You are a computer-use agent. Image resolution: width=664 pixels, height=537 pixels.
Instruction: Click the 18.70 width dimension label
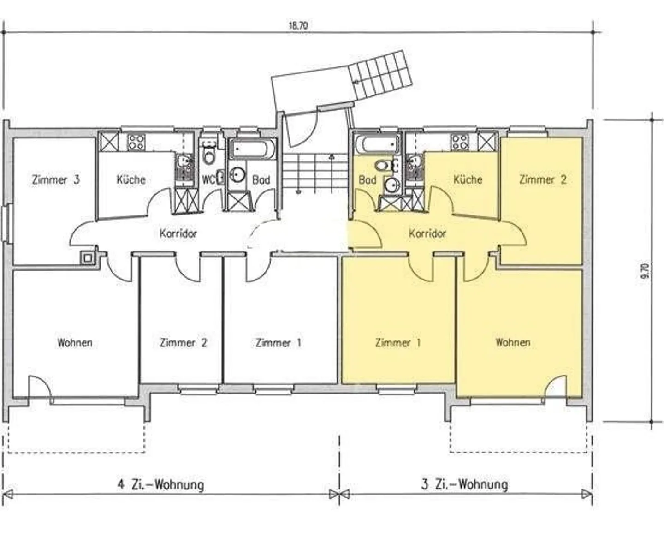point(298,25)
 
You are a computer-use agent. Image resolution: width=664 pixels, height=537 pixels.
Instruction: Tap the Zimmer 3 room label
point(56,179)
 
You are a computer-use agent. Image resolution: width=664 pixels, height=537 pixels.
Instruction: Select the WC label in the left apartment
point(208,179)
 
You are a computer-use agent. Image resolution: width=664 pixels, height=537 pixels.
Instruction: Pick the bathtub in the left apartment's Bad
point(253,149)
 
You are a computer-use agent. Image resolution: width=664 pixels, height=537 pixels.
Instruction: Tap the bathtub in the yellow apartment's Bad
point(376,144)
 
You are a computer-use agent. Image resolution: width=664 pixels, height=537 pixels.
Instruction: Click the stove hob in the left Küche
point(136,143)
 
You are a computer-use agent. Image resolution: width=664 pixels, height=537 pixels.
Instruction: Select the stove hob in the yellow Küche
point(460,143)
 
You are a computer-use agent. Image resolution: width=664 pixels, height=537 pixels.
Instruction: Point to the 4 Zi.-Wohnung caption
point(160,484)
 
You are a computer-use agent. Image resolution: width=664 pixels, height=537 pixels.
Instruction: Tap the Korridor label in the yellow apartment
point(427,233)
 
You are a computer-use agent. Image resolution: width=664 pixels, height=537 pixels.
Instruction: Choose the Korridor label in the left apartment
point(178,233)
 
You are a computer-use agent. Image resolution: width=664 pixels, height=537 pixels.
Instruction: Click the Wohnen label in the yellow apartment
point(513,342)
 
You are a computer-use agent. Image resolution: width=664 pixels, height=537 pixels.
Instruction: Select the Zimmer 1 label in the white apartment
point(279,343)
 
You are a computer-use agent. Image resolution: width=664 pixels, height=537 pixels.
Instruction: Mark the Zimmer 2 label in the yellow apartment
point(543,179)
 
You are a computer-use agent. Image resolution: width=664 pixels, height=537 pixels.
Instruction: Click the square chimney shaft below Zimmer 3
point(87,257)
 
